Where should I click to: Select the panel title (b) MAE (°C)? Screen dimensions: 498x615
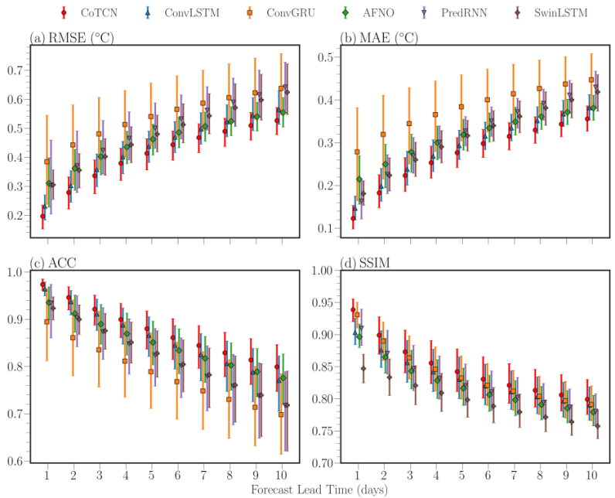[379, 38]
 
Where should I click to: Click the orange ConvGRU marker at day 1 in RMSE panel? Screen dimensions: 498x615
[47, 162]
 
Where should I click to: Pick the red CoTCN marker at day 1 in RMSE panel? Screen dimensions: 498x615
[42, 217]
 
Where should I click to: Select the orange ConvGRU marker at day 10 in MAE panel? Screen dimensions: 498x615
[591, 80]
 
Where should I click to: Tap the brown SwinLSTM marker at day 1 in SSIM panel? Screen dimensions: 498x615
[363, 368]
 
